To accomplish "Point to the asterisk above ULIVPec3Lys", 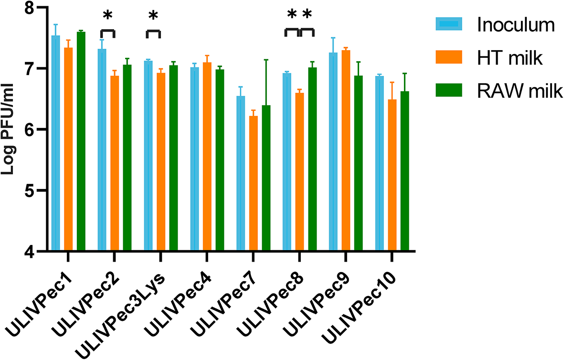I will (x=153, y=17).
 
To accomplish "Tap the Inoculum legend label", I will (x=515, y=25).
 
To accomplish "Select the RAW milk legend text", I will (x=520, y=91).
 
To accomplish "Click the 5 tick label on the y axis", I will (x=29, y=191).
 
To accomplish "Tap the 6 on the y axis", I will (x=29, y=130).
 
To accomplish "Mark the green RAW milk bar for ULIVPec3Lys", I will (x=173, y=158).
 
